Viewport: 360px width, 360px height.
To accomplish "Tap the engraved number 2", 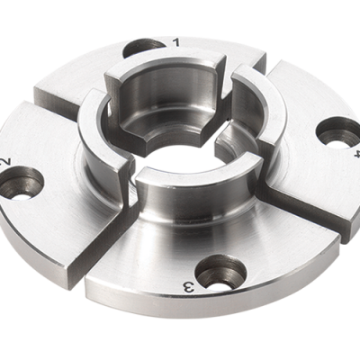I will coord(6,162).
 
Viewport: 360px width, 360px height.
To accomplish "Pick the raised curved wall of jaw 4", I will coord(261,117).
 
